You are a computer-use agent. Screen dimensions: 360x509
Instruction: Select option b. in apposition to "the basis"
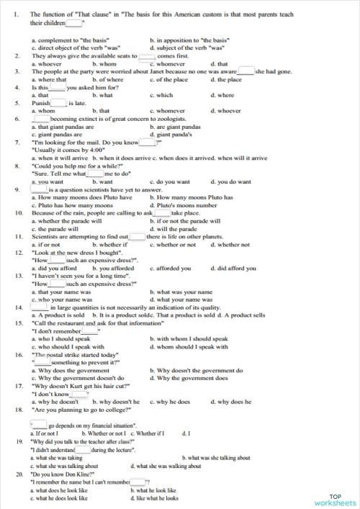(x=189, y=40)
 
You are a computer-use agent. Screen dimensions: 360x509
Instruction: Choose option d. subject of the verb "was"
(x=189, y=48)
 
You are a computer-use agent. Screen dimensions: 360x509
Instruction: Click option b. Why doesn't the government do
(x=190, y=370)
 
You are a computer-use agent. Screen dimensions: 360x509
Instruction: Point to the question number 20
(x=18, y=474)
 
